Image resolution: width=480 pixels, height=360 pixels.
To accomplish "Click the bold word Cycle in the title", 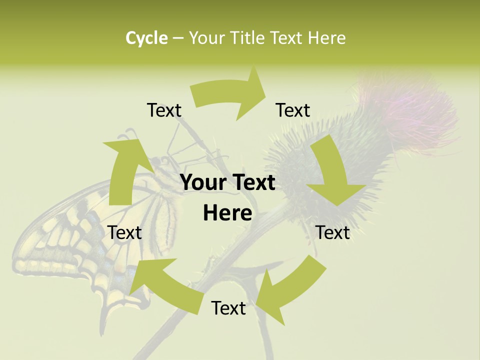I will coord(146,38).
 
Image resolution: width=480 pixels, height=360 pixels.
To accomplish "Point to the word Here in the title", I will coord(326,38).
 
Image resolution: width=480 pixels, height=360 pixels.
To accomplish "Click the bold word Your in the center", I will coord(203,182).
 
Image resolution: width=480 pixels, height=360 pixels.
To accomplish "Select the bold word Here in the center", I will coord(227,213).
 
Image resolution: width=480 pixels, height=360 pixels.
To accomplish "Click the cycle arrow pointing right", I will coord(230,95).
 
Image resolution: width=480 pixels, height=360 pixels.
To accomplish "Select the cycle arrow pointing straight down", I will coord(332,175).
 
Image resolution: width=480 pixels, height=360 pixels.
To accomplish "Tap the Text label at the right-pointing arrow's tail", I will coord(164,110).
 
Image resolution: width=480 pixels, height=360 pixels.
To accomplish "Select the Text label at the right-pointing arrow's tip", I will coord(293,110).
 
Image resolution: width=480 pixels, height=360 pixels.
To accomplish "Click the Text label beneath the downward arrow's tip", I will coord(332,232).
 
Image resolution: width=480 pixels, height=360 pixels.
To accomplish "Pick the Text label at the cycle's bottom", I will coord(228,308).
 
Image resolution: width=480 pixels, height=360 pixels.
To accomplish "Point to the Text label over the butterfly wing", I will coord(125,232).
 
